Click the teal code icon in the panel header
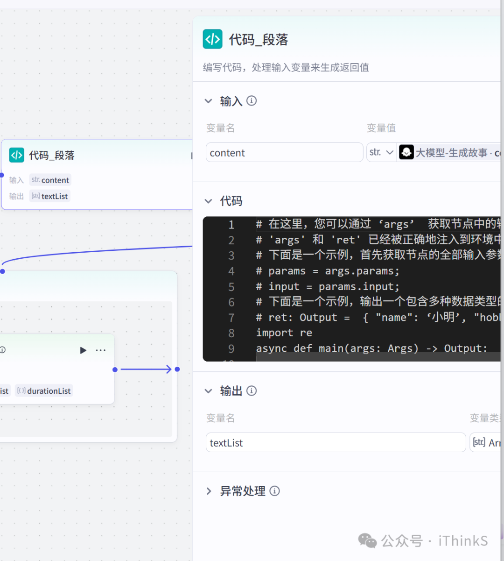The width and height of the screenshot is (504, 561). tap(212, 39)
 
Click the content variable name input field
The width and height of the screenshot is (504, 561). tap(284, 153)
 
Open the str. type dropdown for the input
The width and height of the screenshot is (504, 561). tap(381, 153)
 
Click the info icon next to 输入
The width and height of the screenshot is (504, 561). tap(252, 101)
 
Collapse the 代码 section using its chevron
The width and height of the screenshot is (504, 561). tap(209, 201)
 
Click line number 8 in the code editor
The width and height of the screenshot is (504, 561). tap(231, 333)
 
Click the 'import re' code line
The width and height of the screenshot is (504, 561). tap(284, 333)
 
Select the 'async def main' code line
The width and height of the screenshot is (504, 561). tap(371, 348)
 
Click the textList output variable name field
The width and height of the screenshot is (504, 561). tap(336, 443)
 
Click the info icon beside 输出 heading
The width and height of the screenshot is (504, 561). tap(252, 391)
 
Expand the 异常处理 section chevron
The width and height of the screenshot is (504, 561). tap(209, 491)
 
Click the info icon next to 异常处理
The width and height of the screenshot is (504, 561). tap(275, 491)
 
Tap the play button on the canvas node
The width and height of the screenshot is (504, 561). tap(83, 350)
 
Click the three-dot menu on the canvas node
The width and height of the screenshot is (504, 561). tap(101, 350)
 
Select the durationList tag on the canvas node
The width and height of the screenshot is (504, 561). tap(44, 391)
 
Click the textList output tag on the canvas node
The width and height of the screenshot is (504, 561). tap(50, 196)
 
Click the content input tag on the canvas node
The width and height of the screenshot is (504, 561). tap(50, 180)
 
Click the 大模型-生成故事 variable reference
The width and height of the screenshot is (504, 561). tap(450, 153)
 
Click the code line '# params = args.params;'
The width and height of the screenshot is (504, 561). tap(334, 271)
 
